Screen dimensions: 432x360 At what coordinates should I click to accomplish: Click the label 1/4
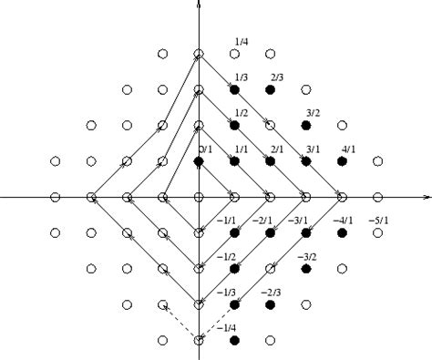coord(242,41)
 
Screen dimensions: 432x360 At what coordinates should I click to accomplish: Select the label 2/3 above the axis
coord(278,77)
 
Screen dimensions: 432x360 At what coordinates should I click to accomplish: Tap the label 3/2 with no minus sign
coord(313,113)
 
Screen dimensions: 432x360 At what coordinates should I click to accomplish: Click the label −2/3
coord(271,293)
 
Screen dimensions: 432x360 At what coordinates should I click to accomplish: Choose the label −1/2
coord(228,256)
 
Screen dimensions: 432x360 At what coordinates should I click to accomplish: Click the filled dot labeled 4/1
coord(342,161)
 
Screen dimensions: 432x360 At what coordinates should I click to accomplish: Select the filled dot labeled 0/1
coord(199,161)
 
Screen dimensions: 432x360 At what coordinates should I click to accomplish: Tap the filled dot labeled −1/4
coord(234,340)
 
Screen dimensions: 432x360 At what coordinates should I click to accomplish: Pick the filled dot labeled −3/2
coord(306,268)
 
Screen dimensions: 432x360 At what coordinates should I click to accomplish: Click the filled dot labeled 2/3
coord(270,89)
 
